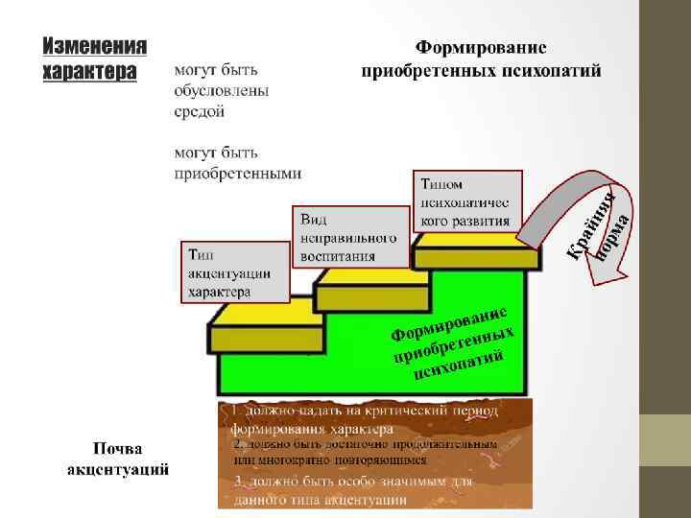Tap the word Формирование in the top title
[x=481, y=47]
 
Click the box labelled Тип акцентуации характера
[x=235, y=271]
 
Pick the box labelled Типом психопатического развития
[x=466, y=201]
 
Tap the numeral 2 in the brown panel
[x=237, y=445]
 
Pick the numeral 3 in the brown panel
[x=237, y=482]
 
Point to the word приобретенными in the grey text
[x=237, y=174]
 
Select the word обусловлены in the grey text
[x=222, y=91]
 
